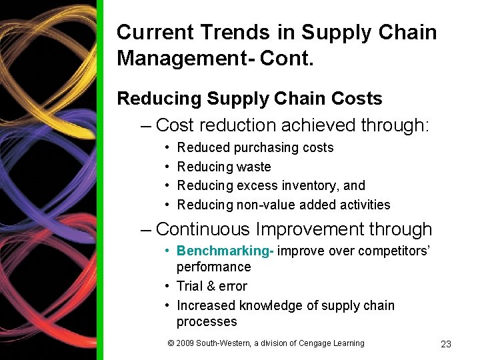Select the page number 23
coord(446,344)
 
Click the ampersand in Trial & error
coord(211,286)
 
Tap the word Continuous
coord(203,229)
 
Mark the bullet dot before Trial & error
coord(169,286)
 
